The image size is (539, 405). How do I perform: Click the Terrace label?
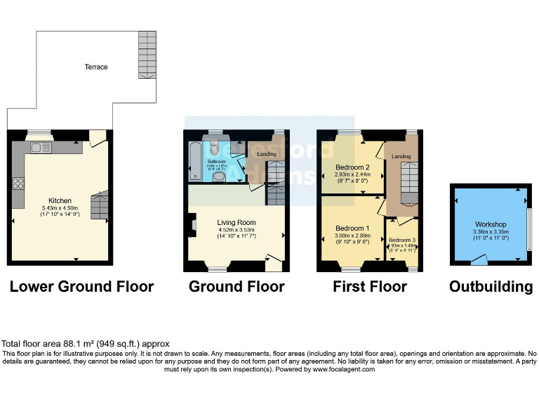[96, 67]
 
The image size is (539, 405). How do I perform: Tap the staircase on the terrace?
[147, 55]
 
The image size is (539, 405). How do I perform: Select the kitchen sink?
[37, 148]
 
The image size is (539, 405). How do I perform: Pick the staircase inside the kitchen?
[99, 206]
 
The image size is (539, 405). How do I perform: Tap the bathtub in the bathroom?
[194, 161]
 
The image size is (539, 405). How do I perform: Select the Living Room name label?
[237, 223]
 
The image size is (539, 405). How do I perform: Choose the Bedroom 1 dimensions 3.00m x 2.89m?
[352, 236]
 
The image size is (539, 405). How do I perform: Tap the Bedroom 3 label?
[402, 240]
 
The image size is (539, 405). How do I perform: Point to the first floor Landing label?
[401, 156]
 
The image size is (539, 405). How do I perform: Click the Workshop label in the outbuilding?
[491, 224]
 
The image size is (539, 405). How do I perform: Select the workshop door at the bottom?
[479, 261]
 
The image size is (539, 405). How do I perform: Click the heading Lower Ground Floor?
[81, 287]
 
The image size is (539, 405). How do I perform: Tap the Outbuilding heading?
[491, 287]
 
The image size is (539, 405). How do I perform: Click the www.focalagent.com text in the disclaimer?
[343, 369]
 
